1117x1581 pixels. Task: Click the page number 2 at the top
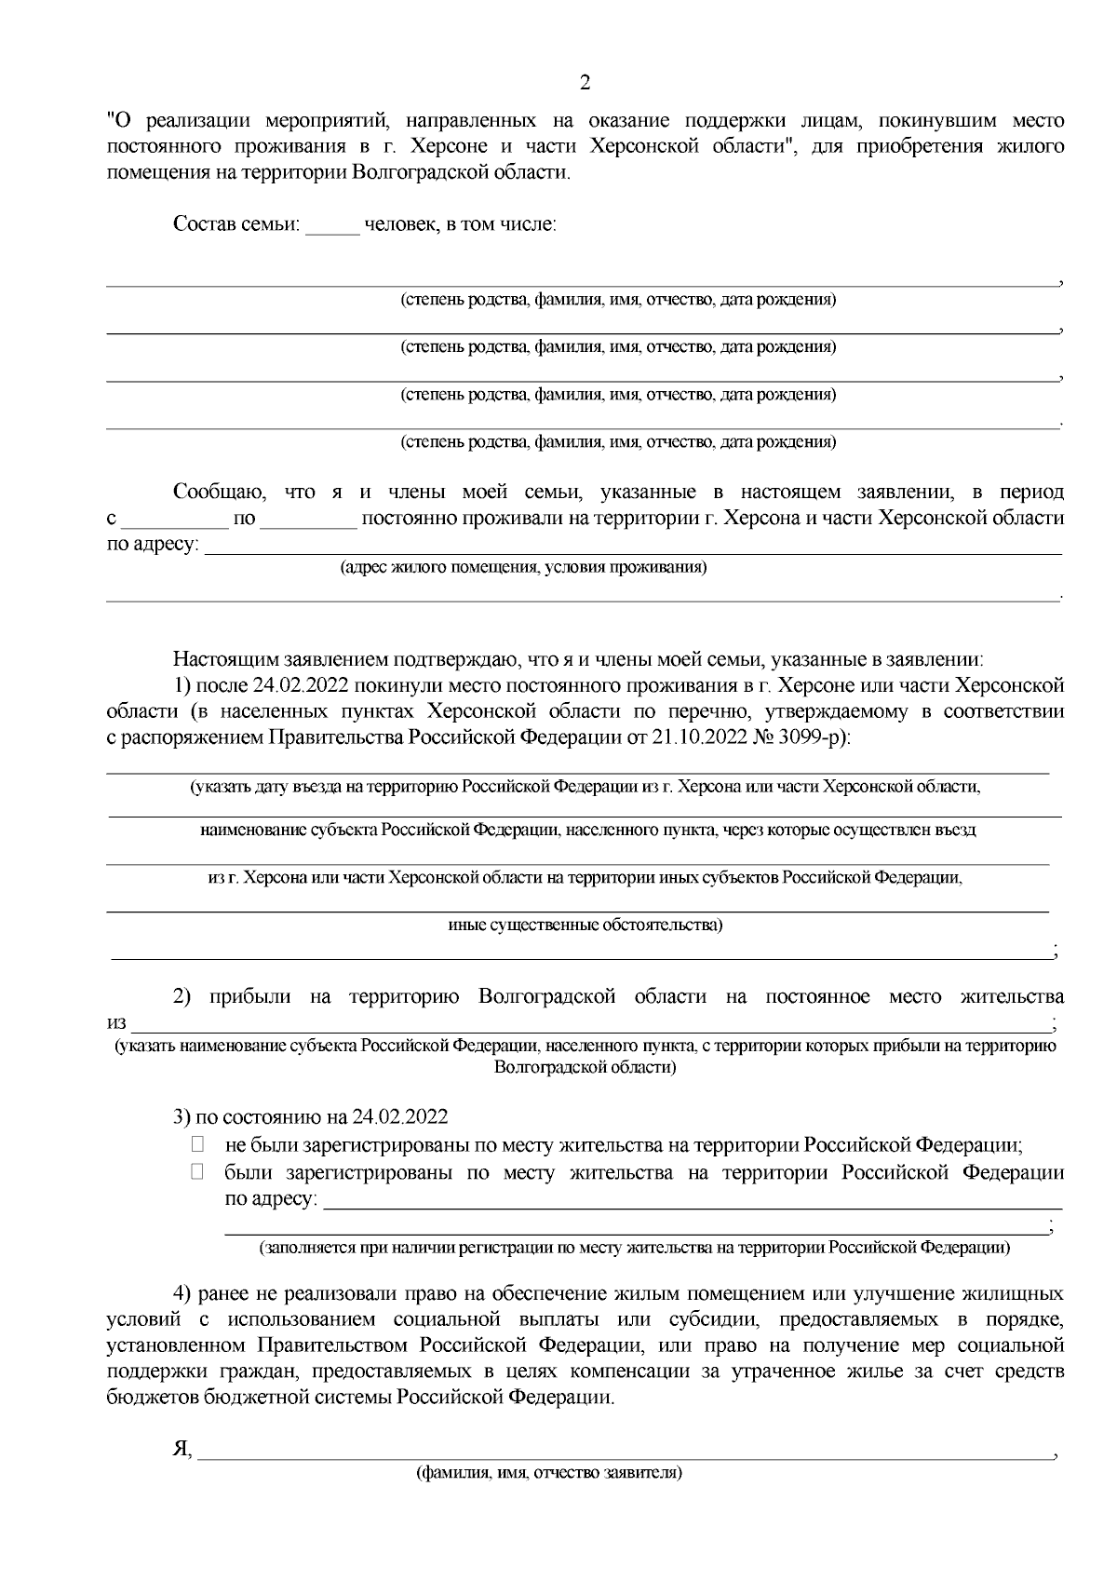tap(585, 83)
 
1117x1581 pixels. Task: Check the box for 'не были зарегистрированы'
tap(197, 1145)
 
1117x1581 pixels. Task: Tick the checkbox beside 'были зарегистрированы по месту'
tap(197, 1172)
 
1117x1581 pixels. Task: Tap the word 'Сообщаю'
tap(220, 492)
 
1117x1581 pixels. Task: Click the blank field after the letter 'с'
tap(175, 519)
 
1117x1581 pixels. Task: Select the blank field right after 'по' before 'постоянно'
tap(308, 519)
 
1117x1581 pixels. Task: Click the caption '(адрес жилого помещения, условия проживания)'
tap(523, 567)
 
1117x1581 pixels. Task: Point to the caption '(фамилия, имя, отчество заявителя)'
tap(550, 1474)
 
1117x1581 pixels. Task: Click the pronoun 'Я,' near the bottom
tap(182, 1451)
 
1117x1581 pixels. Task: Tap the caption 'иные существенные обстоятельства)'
tap(585, 925)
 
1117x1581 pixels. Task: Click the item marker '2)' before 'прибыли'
tap(182, 997)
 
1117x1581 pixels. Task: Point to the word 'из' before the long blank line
tap(115, 1023)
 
